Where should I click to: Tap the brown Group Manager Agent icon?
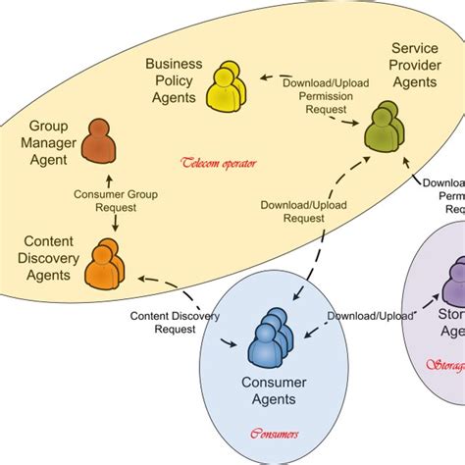click(99, 142)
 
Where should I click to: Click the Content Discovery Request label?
click(176, 323)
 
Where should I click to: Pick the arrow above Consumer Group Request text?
click(109, 181)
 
